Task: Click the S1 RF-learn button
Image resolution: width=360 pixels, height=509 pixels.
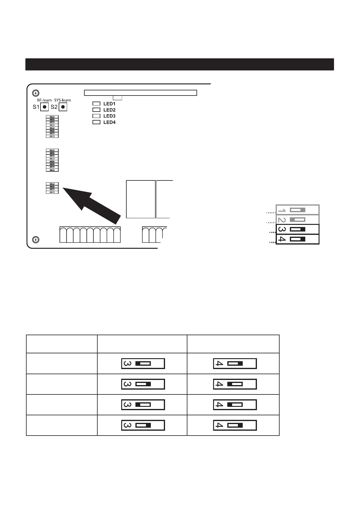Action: (x=44, y=107)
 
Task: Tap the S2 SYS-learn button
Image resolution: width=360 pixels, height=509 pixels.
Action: (x=63, y=107)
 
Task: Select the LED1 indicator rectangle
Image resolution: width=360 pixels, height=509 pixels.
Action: (x=96, y=104)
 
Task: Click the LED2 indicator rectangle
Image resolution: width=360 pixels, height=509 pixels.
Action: (x=96, y=110)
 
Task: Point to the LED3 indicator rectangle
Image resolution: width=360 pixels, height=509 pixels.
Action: (x=96, y=116)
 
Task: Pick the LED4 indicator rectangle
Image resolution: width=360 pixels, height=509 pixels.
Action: (x=96, y=122)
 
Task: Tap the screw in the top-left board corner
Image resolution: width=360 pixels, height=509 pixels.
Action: (x=36, y=93)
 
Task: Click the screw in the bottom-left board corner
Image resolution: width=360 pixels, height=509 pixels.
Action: (x=36, y=240)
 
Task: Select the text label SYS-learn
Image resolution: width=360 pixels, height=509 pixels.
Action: (x=63, y=100)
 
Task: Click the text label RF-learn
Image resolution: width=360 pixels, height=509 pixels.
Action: (x=42, y=100)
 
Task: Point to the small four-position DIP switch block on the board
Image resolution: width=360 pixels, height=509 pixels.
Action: (x=52, y=188)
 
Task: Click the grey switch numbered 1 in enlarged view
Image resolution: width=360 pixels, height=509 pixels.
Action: (x=297, y=210)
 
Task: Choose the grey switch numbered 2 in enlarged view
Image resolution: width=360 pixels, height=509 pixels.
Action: (x=297, y=219)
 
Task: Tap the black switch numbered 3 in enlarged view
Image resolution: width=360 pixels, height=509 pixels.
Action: (x=297, y=229)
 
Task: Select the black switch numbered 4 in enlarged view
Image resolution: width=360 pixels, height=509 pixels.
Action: (x=297, y=239)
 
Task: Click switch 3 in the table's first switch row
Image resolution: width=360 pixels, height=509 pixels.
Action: (x=143, y=363)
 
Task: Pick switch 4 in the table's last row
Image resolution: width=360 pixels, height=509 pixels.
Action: (x=235, y=425)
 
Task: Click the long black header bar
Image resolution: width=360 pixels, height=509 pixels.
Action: (x=180, y=64)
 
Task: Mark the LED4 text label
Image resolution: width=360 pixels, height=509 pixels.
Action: (x=109, y=122)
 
